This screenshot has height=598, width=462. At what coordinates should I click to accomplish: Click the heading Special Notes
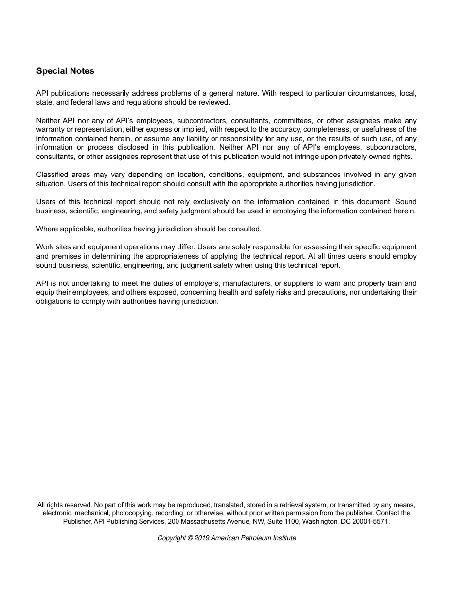65,71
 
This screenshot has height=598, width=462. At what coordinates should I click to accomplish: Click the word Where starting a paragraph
46,229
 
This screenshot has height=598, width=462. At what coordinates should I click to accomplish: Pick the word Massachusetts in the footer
203,521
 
